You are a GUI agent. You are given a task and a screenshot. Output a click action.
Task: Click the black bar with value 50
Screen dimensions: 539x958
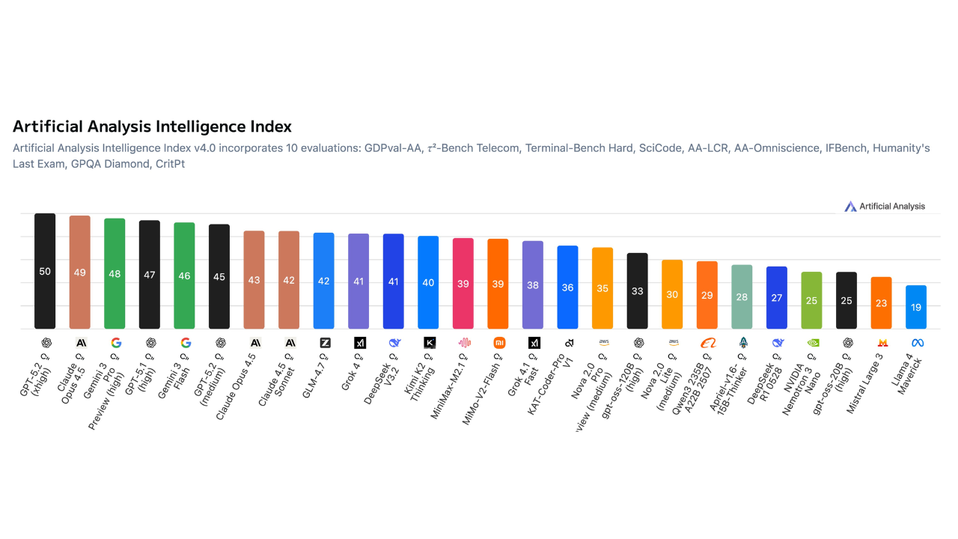45,271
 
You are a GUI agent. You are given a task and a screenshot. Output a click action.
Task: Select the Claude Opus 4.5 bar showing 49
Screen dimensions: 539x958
79,272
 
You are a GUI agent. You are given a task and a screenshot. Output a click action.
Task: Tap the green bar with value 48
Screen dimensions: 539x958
115,274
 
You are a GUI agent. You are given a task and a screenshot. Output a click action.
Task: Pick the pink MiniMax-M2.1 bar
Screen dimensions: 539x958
463,284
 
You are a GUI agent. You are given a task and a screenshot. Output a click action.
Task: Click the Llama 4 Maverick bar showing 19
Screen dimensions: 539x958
916,307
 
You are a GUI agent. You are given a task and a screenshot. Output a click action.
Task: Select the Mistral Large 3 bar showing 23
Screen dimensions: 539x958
881,303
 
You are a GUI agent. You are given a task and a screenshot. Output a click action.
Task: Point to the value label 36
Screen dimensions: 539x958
567,287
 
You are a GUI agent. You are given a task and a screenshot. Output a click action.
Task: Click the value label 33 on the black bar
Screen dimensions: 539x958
637,291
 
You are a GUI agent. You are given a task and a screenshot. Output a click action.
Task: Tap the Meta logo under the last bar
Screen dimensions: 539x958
917,343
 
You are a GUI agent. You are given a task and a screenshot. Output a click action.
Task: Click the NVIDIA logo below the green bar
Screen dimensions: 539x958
812,343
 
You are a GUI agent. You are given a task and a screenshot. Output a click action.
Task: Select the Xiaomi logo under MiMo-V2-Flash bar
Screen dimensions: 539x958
498,343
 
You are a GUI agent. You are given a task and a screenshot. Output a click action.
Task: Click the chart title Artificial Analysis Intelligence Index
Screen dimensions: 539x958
152,127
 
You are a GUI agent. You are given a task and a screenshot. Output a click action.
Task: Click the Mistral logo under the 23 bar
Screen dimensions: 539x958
882,343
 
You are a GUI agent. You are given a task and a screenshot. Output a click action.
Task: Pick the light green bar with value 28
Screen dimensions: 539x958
742,296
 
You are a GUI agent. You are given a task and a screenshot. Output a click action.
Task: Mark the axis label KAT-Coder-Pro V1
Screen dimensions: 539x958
555,382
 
